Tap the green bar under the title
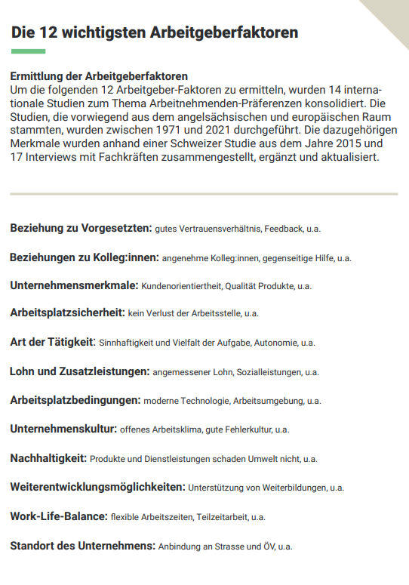tap(29, 51)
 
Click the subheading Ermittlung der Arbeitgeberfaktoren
tap(99, 77)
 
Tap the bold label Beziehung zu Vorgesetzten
tap(81, 227)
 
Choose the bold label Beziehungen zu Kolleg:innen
tap(84, 257)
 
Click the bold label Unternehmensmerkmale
tap(74, 285)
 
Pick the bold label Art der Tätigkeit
tap(52, 341)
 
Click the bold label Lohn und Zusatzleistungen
tap(79, 371)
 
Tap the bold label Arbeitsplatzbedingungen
tap(75, 399)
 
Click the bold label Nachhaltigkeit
tap(48, 457)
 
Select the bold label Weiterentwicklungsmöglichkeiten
tap(97, 487)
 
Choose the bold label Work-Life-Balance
tap(58, 516)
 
